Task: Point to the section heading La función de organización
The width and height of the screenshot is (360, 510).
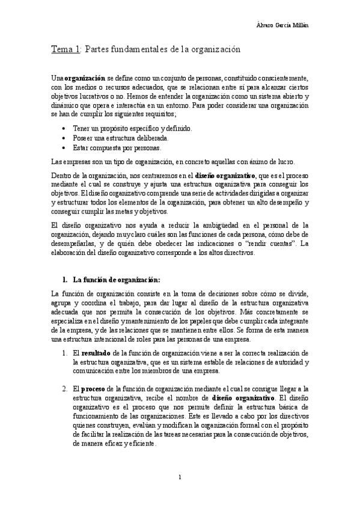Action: point(116,279)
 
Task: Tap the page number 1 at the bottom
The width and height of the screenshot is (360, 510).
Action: point(180,478)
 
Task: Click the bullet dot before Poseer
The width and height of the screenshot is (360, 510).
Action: point(65,138)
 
